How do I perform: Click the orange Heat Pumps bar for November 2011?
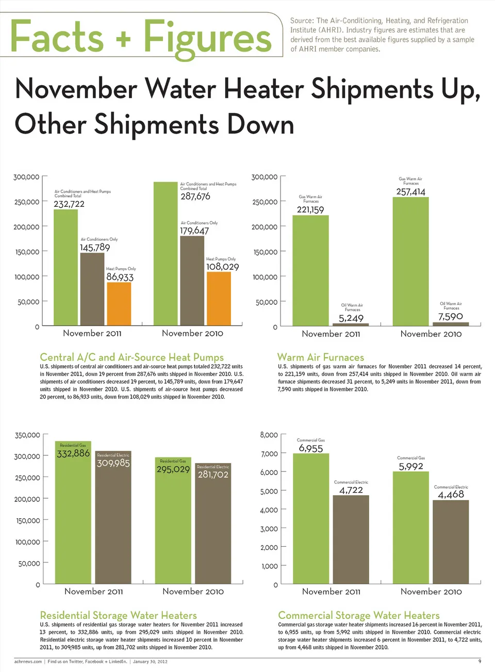tap(119, 304)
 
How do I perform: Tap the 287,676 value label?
tap(195, 196)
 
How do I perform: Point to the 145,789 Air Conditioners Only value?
tap(95, 248)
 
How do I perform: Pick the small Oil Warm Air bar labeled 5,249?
tap(351, 324)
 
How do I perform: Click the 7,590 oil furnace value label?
tap(451, 317)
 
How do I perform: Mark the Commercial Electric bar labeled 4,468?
tap(451, 542)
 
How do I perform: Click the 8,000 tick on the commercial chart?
tap(269, 435)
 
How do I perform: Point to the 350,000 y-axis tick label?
tap(27, 435)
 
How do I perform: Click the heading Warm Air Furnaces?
tap(321, 357)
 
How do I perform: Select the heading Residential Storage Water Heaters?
tap(119, 615)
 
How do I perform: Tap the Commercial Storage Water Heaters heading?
tap(359, 615)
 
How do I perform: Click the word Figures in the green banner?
tap(207, 37)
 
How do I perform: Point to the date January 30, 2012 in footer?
tap(150, 662)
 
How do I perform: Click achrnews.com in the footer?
tap(28, 662)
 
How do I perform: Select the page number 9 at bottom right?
tap(480, 661)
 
